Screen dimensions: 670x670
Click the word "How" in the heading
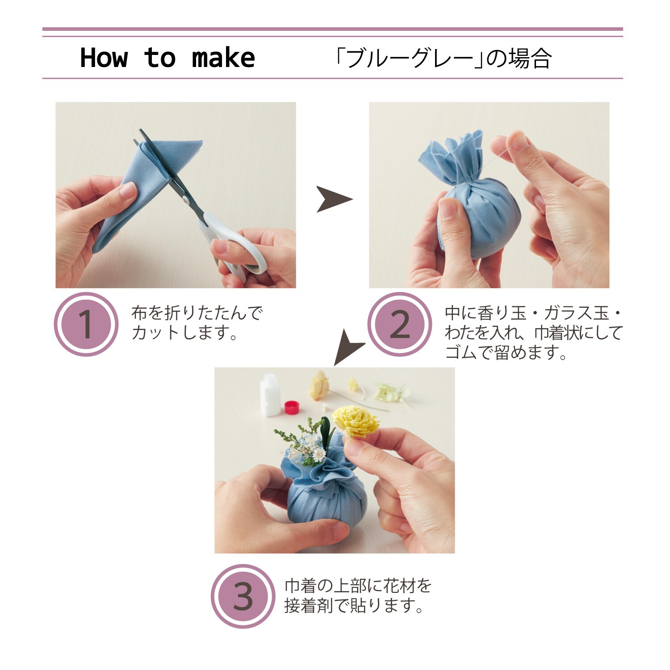(104, 58)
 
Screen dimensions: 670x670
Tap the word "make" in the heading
(223, 58)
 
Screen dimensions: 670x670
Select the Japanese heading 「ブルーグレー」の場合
(443, 58)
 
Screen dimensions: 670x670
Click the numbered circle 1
(86, 324)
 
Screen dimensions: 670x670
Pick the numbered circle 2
(400, 324)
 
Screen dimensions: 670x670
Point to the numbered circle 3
(243, 596)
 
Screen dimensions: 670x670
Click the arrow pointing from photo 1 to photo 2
(334, 199)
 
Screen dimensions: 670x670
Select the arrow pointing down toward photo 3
(348, 347)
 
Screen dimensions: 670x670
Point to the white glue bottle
(270, 395)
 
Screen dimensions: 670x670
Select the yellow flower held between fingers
(356, 420)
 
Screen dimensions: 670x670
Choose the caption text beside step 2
(533, 333)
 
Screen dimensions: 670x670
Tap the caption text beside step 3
(358, 595)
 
